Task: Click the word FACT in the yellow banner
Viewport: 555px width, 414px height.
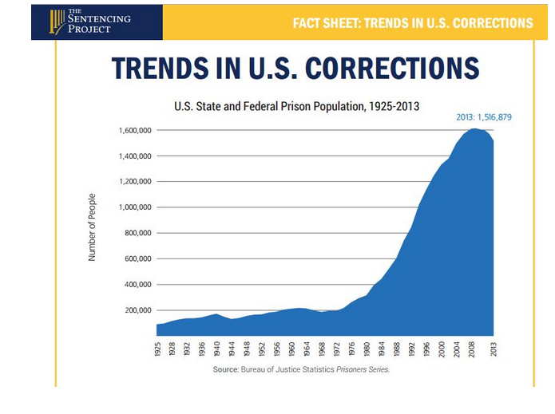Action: pyautogui.click(x=311, y=22)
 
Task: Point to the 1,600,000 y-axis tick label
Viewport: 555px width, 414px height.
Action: pyautogui.click(x=133, y=130)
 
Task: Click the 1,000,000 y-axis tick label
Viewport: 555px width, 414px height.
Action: pyautogui.click(x=133, y=207)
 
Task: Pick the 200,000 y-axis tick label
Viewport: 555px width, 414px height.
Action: pyautogui.click(x=137, y=310)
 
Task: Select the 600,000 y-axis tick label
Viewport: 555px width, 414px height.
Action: pyautogui.click(x=137, y=259)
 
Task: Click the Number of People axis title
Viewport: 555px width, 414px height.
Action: pyautogui.click(x=92, y=227)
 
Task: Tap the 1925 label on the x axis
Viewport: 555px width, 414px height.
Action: pyautogui.click(x=159, y=349)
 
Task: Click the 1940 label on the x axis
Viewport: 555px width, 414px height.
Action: pyautogui.click(x=216, y=349)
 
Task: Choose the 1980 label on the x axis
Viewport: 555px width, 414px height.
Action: pyautogui.click(x=367, y=349)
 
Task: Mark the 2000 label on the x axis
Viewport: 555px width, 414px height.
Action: pyautogui.click(x=444, y=349)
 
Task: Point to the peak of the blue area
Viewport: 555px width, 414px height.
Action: pyautogui.click(x=474, y=129)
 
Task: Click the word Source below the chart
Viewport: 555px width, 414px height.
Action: pyautogui.click(x=226, y=370)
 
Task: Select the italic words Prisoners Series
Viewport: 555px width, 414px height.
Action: pyautogui.click(x=363, y=370)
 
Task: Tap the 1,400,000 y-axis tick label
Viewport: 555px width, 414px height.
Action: pyautogui.click(x=133, y=156)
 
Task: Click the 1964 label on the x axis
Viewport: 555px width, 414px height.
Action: pyautogui.click(x=307, y=349)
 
